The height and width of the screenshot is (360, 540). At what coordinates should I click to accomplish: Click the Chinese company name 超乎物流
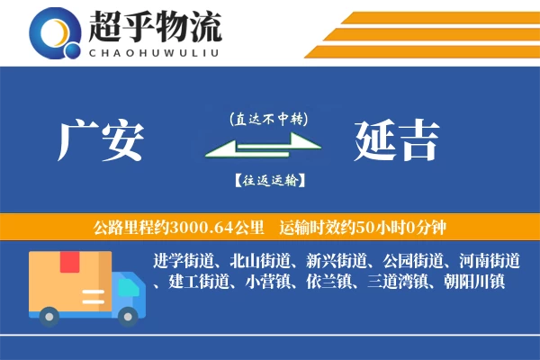click(x=156, y=27)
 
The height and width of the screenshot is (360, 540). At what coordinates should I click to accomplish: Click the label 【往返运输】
click(x=268, y=180)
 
